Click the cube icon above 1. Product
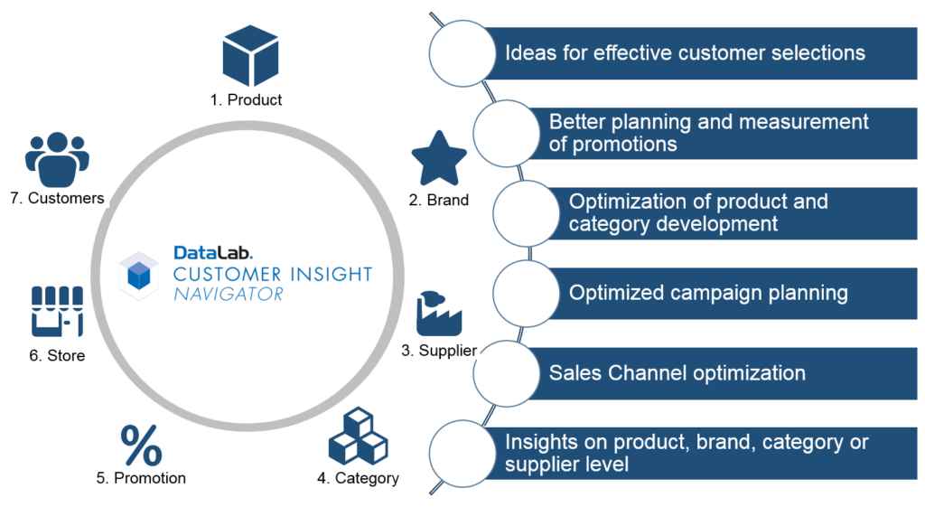[x=250, y=55]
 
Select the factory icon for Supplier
[x=438, y=314]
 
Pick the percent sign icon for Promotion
[x=142, y=445]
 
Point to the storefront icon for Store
[x=57, y=311]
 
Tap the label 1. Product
[x=246, y=99]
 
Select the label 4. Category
[x=358, y=478]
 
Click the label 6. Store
[x=57, y=355]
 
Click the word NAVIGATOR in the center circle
[x=229, y=294]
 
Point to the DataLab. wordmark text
[x=213, y=254]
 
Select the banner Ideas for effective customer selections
[x=684, y=52]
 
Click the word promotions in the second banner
[x=612, y=145]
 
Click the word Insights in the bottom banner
[x=539, y=442]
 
